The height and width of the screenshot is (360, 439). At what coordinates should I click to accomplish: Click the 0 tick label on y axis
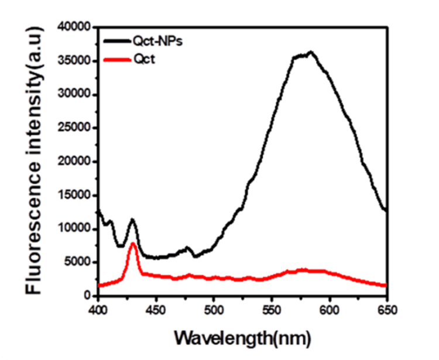(x=85, y=296)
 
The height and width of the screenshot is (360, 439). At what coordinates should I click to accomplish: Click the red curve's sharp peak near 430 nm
(x=133, y=243)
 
